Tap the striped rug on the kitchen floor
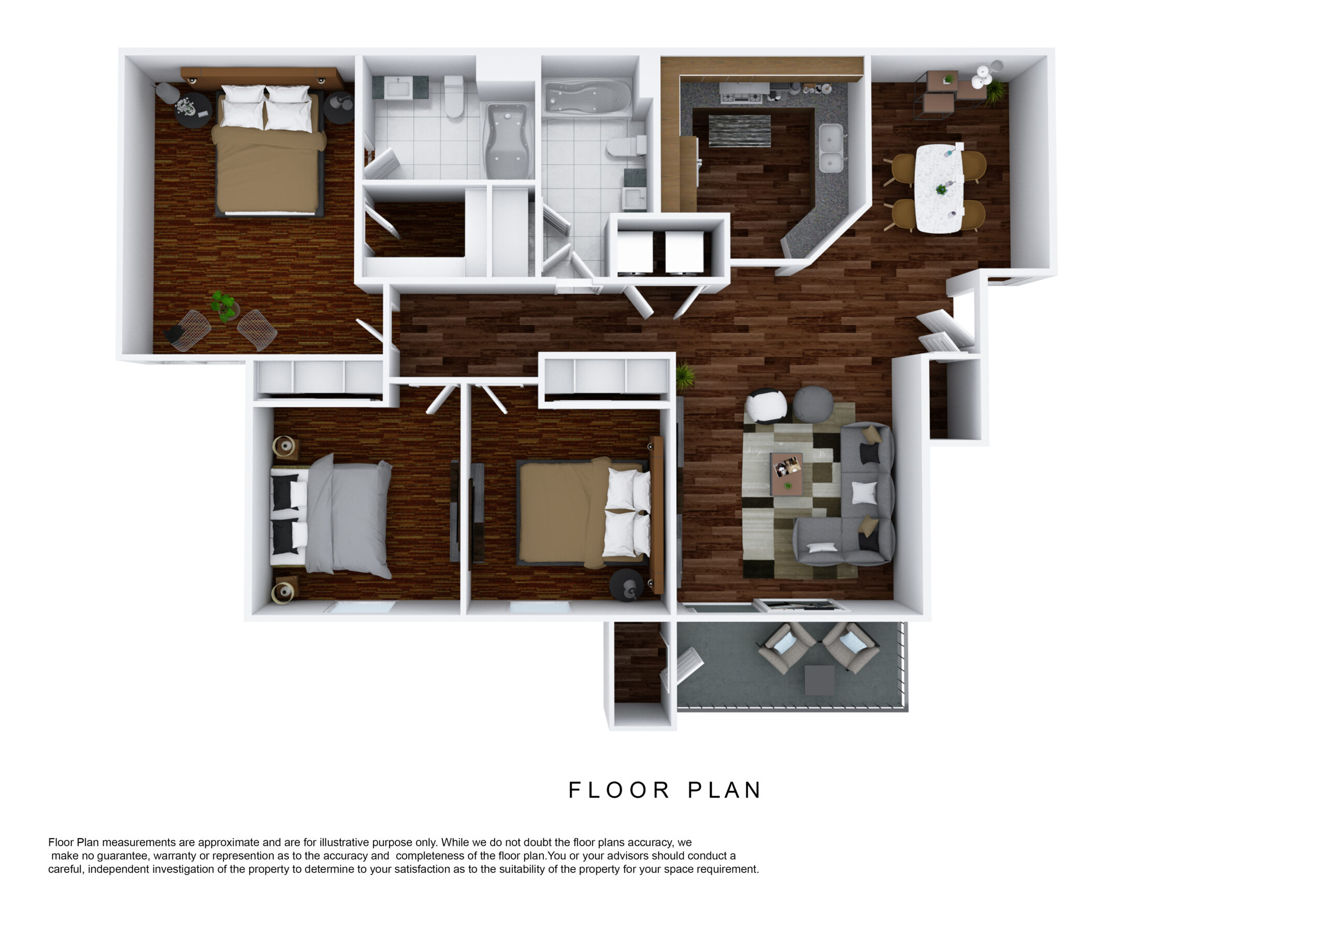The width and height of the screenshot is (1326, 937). coord(739,130)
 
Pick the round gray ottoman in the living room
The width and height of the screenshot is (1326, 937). coord(813,403)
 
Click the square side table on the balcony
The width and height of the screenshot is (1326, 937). coord(819,680)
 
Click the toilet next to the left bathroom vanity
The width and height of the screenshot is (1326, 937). coord(454,96)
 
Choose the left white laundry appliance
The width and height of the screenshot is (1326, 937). coord(635,252)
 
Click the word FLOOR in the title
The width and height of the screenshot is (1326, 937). coord(619,790)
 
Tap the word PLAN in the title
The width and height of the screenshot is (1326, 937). coord(725,790)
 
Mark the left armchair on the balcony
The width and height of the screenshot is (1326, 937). coord(785,647)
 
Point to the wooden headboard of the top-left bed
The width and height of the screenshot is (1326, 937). coord(261,76)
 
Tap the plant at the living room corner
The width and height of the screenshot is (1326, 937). coord(685,376)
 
